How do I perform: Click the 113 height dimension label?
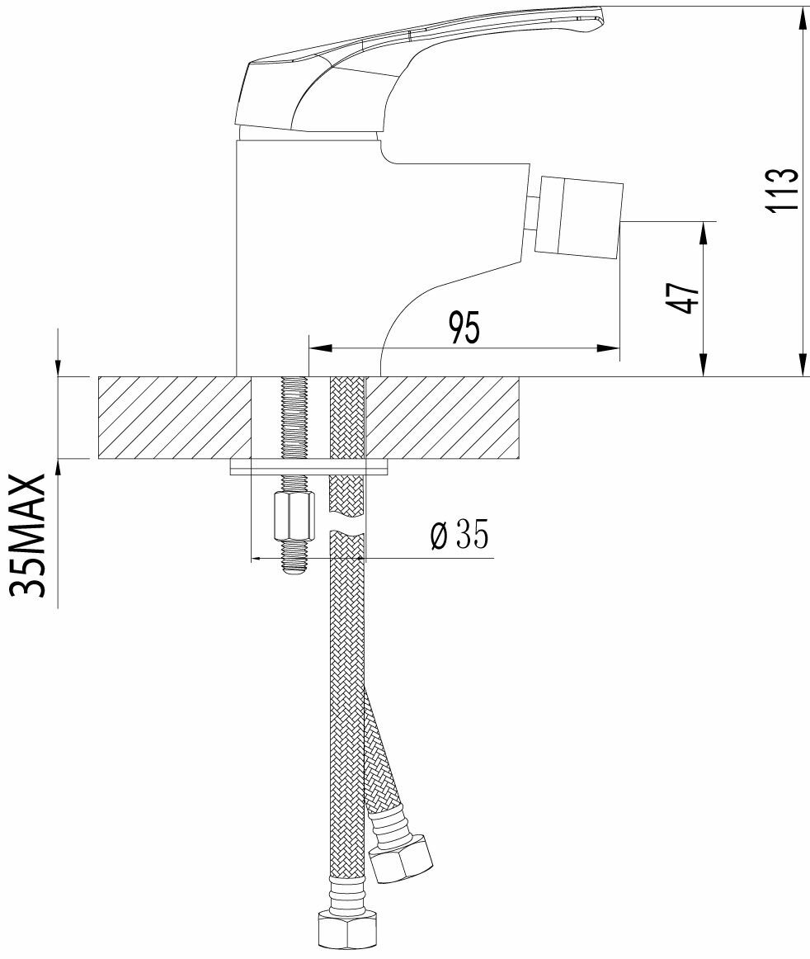[x=782, y=190]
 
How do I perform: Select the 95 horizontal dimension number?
[x=464, y=328]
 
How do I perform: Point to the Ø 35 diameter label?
[x=459, y=536]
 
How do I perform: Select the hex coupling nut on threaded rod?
[x=294, y=514]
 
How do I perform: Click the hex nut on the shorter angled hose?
[x=401, y=858]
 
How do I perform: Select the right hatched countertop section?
[x=443, y=418]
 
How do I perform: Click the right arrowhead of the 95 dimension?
[x=610, y=349]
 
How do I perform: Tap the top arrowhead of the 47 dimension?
[x=703, y=230]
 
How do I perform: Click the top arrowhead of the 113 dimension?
[x=802, y=17]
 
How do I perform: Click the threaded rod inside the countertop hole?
[x=294, y=418]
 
